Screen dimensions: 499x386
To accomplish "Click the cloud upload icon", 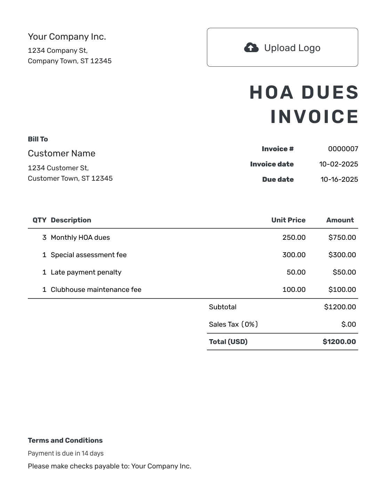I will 251,48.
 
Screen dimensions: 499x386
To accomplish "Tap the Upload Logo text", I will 292,48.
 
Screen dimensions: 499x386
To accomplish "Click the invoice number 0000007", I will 343,149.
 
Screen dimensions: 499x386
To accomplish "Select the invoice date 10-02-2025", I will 338,164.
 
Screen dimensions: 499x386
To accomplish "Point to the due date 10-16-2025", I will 339,180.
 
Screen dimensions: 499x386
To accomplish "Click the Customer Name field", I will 62,154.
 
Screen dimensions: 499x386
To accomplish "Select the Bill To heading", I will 38,139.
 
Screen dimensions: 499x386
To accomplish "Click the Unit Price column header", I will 288,220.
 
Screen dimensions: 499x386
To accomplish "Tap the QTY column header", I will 39,220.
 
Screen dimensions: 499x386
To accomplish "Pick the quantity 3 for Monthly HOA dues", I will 44,238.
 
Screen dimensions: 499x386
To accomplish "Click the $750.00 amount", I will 342,238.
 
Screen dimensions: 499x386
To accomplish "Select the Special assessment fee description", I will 89,255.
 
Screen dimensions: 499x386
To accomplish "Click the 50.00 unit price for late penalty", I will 296,272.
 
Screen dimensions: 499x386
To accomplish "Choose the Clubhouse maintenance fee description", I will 96,290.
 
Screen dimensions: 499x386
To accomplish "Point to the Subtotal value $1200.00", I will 340,307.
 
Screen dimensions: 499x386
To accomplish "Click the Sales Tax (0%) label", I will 233,325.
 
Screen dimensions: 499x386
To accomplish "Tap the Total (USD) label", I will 228,342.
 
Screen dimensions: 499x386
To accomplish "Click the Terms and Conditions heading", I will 65,441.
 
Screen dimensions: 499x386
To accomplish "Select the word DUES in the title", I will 330,93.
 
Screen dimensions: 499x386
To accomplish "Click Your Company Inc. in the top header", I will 67,37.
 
